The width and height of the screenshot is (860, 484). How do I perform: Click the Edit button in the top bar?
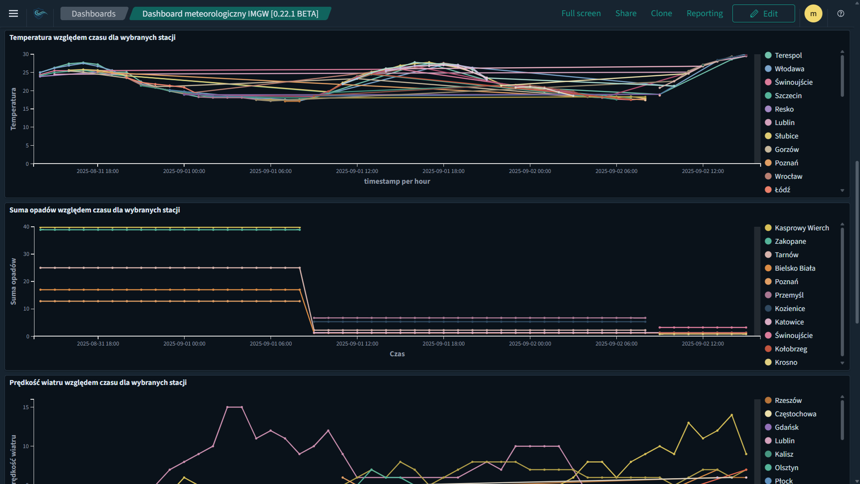[x=763, y=13]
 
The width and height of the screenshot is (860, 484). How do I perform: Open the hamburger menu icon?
[x=13, y=13]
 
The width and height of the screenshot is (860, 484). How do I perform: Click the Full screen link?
[x=581, y=13]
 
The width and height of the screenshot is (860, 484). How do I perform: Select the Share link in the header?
[x=626, y=13]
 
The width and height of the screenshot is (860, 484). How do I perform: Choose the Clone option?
[x=661, y=13]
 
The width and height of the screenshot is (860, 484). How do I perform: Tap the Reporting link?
[x=704, y=13]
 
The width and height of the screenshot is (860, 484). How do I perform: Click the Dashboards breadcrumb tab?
[x=94, y=13]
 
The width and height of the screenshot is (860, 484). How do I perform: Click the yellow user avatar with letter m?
[x=813, y=13]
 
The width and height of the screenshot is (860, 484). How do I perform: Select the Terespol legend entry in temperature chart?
[x=788, y=55]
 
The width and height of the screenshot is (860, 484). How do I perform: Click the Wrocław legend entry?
[x=788, y=176]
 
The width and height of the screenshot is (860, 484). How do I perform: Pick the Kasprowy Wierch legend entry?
[x=801, y=228]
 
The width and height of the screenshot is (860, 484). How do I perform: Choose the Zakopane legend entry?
[x=790, y=241]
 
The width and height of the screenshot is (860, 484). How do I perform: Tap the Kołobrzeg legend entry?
[x=791, y=349]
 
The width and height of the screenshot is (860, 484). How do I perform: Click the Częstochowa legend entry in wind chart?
[x=795, y=414]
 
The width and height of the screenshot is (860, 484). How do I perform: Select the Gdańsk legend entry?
[x=787, y=427]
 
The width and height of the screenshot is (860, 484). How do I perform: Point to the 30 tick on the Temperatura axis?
[x=26, y=54]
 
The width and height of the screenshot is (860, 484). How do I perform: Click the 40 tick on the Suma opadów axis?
[x=26, y=227]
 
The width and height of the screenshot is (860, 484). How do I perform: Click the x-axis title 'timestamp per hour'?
[x=397, y=181]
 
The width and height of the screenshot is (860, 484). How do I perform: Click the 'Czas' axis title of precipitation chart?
[x=397, y=354]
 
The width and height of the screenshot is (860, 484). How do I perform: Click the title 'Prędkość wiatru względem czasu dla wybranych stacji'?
[x=98, y=382]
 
